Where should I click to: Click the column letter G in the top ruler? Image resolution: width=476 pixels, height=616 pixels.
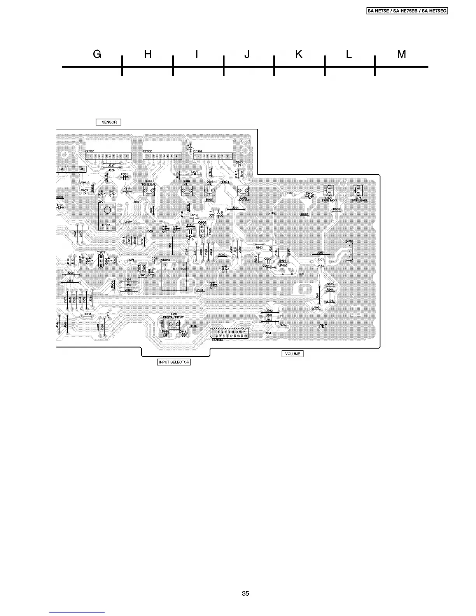click(97, 54)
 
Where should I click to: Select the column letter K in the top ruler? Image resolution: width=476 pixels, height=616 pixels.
click(299, 54)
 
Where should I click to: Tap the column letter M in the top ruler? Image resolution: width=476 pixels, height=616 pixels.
click(401, 54)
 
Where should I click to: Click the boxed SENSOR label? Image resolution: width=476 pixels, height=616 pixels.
click(109, 122)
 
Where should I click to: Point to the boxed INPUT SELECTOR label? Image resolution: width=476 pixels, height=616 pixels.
click(174, 362)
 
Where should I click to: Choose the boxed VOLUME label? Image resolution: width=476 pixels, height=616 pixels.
click(292, 354)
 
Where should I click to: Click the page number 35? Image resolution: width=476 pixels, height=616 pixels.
click(245, 593)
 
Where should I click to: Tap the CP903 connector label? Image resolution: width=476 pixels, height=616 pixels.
click(89, 151)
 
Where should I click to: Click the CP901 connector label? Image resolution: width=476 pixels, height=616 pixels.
click(198, 151)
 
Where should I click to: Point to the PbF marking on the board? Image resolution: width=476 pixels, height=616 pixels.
click(323, 326)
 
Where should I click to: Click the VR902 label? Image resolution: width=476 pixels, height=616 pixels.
click(283, 266)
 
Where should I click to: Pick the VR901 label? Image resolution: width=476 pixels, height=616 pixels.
click(166, 260)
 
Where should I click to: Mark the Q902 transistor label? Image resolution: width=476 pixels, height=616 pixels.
click(202, 223)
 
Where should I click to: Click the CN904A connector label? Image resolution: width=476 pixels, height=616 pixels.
click(217, 340)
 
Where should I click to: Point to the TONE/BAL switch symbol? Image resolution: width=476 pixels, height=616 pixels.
click(149, 191)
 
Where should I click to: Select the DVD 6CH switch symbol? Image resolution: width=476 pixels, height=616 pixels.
click(243, 191)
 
